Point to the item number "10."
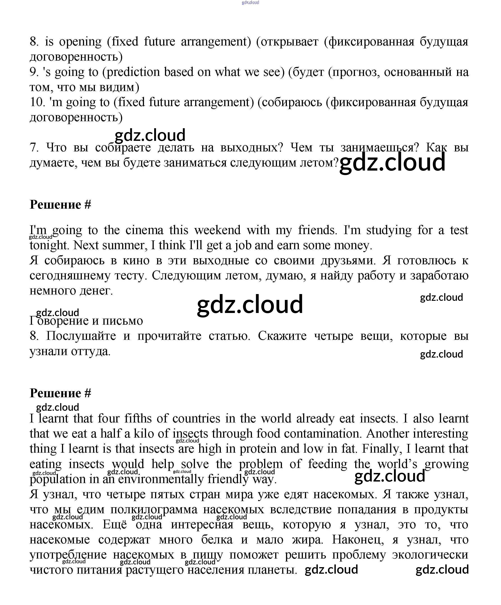pyautogui.click(x=37, y=102)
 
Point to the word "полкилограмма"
pyautogui.click(x=154, y=510)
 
